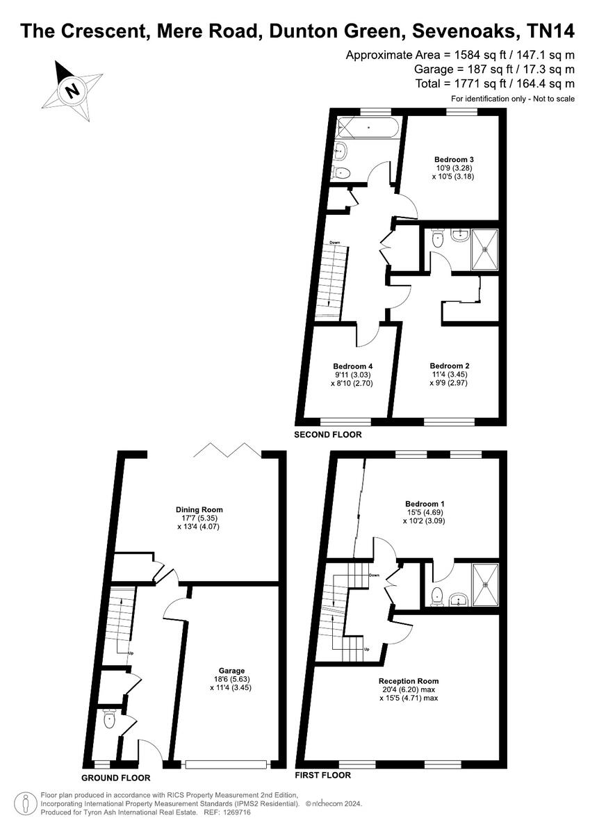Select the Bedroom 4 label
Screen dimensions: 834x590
(352, 366)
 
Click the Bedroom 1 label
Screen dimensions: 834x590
(425, 504)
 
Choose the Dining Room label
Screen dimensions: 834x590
(199, 509)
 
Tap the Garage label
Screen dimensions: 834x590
(228, 671)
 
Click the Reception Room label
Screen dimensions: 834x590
(409, 680)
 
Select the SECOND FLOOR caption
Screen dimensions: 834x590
(327, 435)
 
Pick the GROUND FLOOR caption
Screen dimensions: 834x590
(115, 778)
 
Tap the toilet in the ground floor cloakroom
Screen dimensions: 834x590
(108, 721)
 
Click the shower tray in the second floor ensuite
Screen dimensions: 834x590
(485, 250)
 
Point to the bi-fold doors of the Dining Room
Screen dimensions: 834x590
(227, 450)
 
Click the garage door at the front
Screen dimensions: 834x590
(227, 764)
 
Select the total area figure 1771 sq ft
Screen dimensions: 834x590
(480, 83)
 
